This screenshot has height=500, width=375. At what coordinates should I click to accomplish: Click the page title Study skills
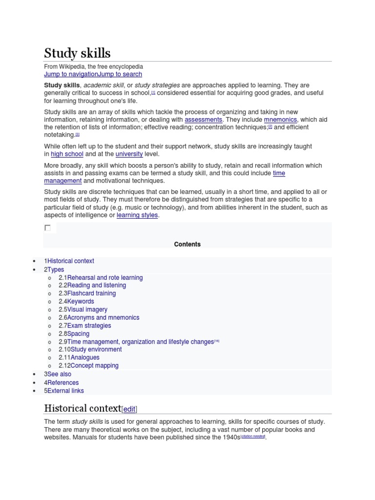(x=77, y=53)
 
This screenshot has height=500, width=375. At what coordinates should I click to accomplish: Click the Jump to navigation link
(x=71, y=74)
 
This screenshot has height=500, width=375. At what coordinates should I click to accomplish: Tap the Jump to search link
(x=120, y=74)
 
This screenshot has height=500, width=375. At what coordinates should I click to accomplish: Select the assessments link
(x=204, y=120)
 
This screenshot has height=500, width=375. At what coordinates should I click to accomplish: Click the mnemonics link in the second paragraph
(x=280, y=120)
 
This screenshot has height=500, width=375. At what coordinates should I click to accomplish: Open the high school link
(x=67, y=154)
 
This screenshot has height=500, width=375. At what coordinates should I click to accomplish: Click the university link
(x=129, y=154)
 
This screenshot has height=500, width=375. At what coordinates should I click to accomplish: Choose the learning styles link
(x=137, y=215)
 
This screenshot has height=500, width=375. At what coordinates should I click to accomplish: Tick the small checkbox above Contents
(x=47, y=228)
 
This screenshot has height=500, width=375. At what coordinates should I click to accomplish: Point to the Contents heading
(x=187, y=244)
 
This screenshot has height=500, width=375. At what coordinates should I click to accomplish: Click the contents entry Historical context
(x=70, y=261)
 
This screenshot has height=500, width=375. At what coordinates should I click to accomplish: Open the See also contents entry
(x=59, y=374)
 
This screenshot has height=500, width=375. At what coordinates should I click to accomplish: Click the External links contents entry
(x=65, y=391)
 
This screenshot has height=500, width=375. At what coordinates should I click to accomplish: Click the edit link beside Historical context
(x=129, y=409)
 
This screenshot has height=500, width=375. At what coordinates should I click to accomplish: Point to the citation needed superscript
(x=253, y=436)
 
